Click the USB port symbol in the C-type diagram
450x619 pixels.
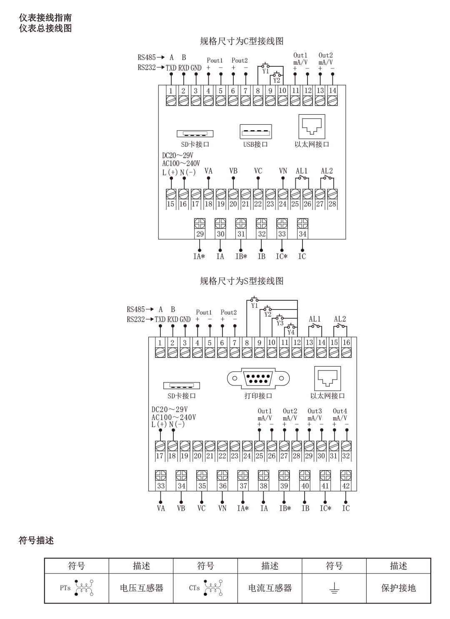(x=256, y=132)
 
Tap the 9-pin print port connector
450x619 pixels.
(x=258, y=378)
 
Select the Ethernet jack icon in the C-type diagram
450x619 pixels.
(x=312, y=126)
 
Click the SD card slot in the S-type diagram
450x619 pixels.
(x=181, y=386)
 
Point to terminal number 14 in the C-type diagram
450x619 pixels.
(x=332, y=91)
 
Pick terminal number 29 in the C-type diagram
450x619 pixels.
(x=200, y=234)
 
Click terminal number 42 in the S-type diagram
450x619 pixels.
(x=346, y=486)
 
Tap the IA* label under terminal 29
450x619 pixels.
(x=199, y=256)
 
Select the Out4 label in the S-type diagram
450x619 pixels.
(x=340, y=411)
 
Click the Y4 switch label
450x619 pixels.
(x=291, y=332)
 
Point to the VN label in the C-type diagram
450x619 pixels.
(x=283, y=171)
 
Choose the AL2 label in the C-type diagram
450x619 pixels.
(x=327, y=171)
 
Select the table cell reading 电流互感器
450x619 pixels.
(x=270, y=588)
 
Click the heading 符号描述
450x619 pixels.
(x=36, y=541)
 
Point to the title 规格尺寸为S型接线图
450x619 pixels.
(x=242, y=281)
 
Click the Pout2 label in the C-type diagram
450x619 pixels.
(x=240, y=60)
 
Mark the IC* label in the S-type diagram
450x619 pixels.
(x=325, y=508)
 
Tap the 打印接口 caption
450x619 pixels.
(x=258, y=396)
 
